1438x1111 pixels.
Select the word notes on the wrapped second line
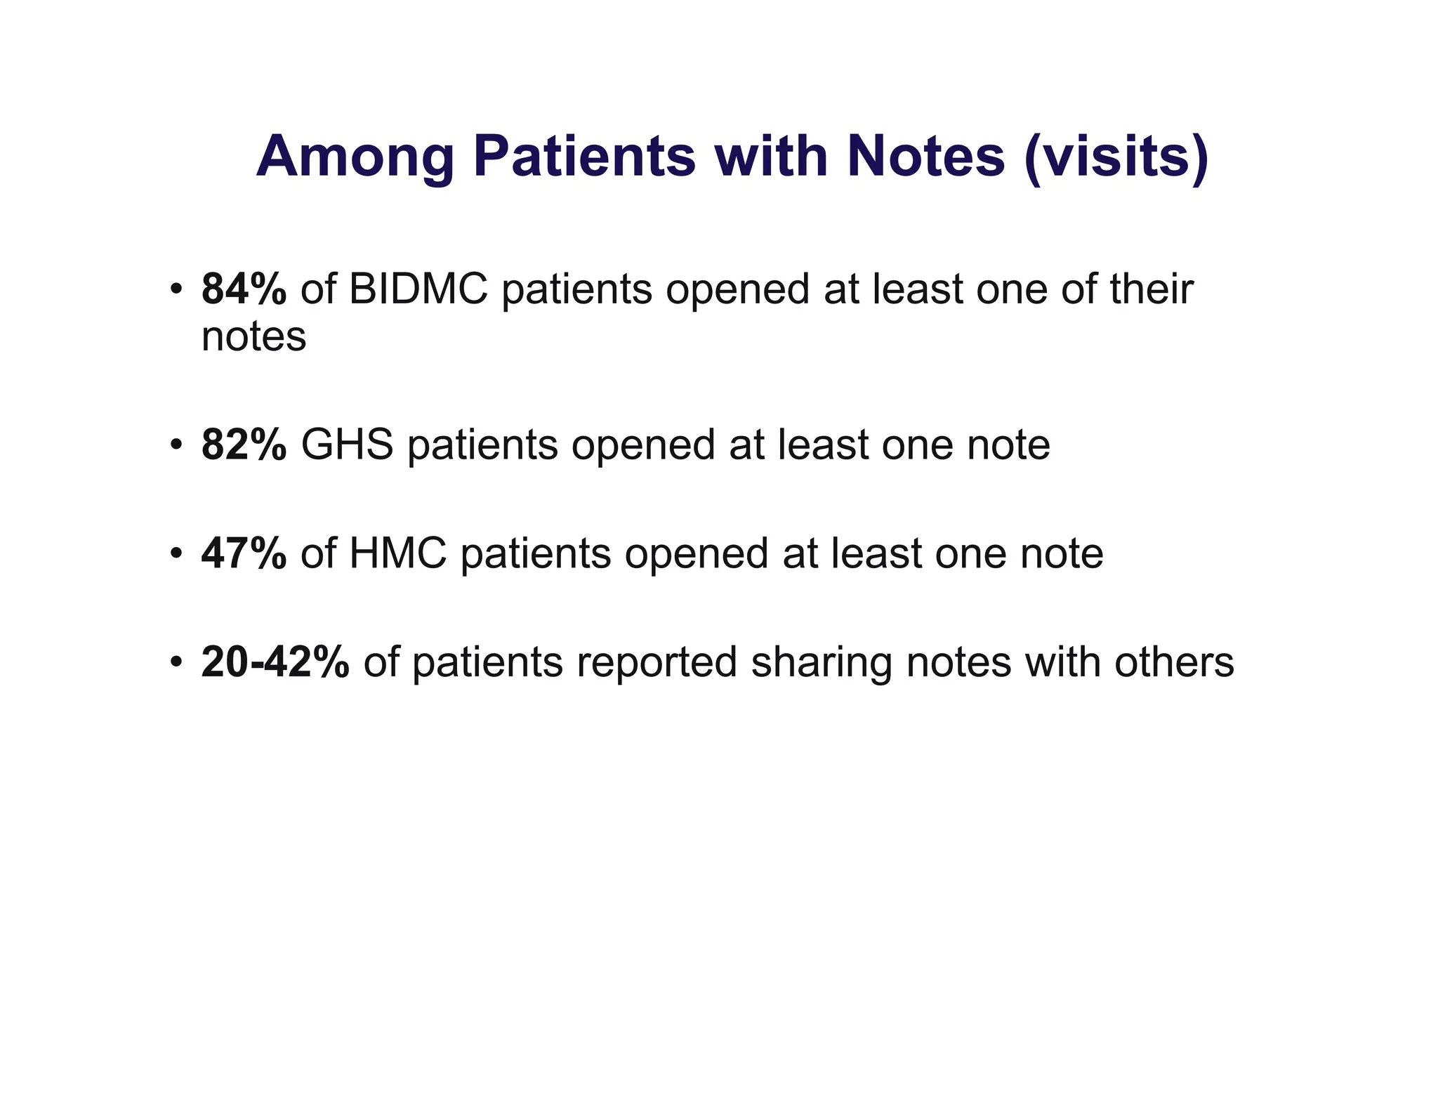click(253, 337)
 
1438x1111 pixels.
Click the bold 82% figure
click(244, 445)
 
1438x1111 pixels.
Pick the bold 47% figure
click(244, 553)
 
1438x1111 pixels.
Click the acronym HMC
click(397, 553)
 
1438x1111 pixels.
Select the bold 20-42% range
click(275, 662)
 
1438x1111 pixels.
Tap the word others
click(1174, 662)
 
